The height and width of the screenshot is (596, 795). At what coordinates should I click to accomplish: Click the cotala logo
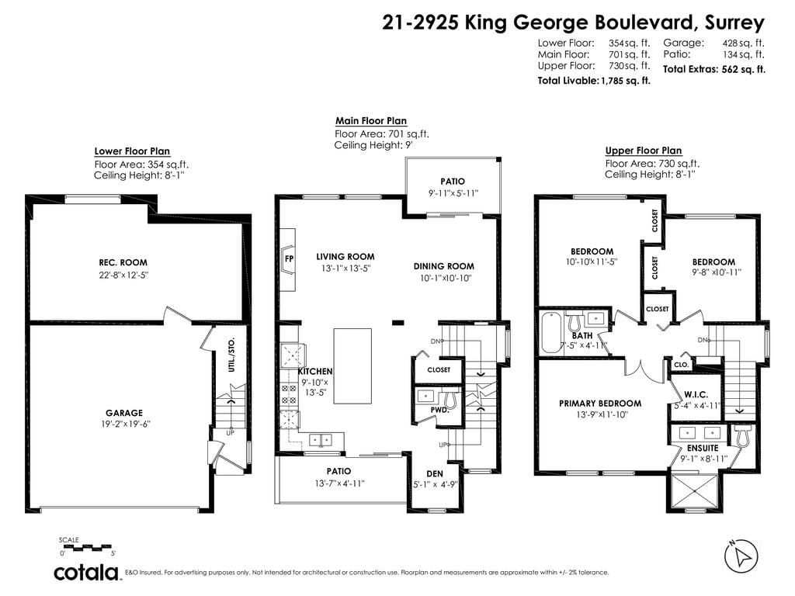point(86,572)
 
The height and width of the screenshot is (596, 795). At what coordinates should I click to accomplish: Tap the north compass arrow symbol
point(741,556)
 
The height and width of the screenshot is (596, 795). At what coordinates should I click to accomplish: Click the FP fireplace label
point(289,258)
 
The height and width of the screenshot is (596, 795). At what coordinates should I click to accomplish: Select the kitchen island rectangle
point(352,366)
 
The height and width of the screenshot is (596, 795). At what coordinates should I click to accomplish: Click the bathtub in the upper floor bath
point(550,332)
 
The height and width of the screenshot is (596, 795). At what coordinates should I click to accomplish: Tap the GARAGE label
point(124,413)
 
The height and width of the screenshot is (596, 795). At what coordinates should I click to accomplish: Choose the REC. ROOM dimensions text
point(123,275)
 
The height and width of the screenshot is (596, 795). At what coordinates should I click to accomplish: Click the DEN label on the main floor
point(435,474)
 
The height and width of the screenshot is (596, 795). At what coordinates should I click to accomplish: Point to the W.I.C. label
point(696,394)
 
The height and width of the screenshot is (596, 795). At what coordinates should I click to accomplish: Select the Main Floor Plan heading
point(371,120)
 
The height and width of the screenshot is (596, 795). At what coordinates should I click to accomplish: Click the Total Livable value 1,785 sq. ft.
point(626,81)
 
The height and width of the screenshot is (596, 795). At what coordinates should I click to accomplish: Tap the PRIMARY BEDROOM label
point(600,404)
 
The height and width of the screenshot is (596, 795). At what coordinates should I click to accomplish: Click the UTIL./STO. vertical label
point(231,355)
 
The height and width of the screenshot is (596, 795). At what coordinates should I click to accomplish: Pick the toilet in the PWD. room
point(451,399)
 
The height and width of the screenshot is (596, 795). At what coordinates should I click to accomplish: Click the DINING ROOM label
point(443,266)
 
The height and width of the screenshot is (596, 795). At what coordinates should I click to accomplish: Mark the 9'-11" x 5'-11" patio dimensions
point(453,193)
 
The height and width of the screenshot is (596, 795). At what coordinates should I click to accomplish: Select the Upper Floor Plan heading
point(644,151)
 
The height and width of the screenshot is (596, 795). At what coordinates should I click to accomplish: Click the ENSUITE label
point(703,448)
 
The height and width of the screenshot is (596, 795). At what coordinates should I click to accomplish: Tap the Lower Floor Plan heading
point(132,151)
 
